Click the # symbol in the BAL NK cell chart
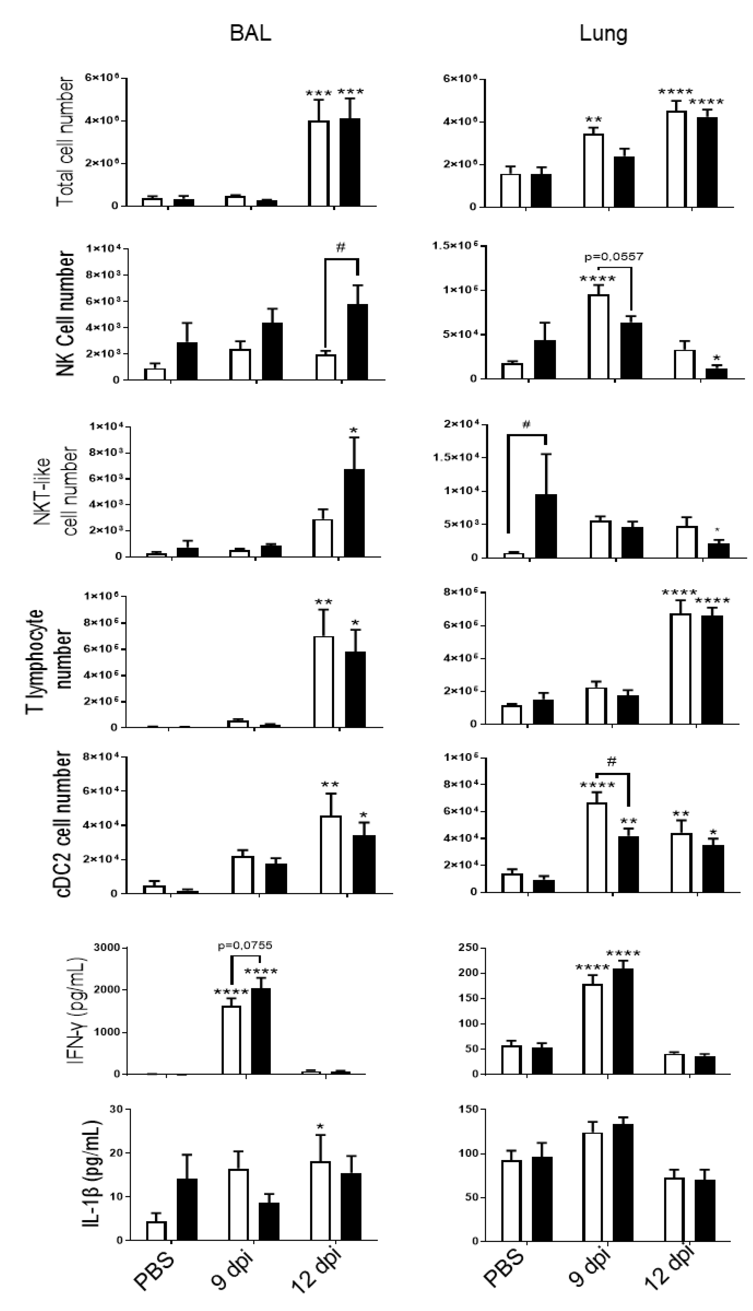tap(340, 248)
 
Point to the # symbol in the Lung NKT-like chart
tap(526, 425)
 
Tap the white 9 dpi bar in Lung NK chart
tap(599, 336)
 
